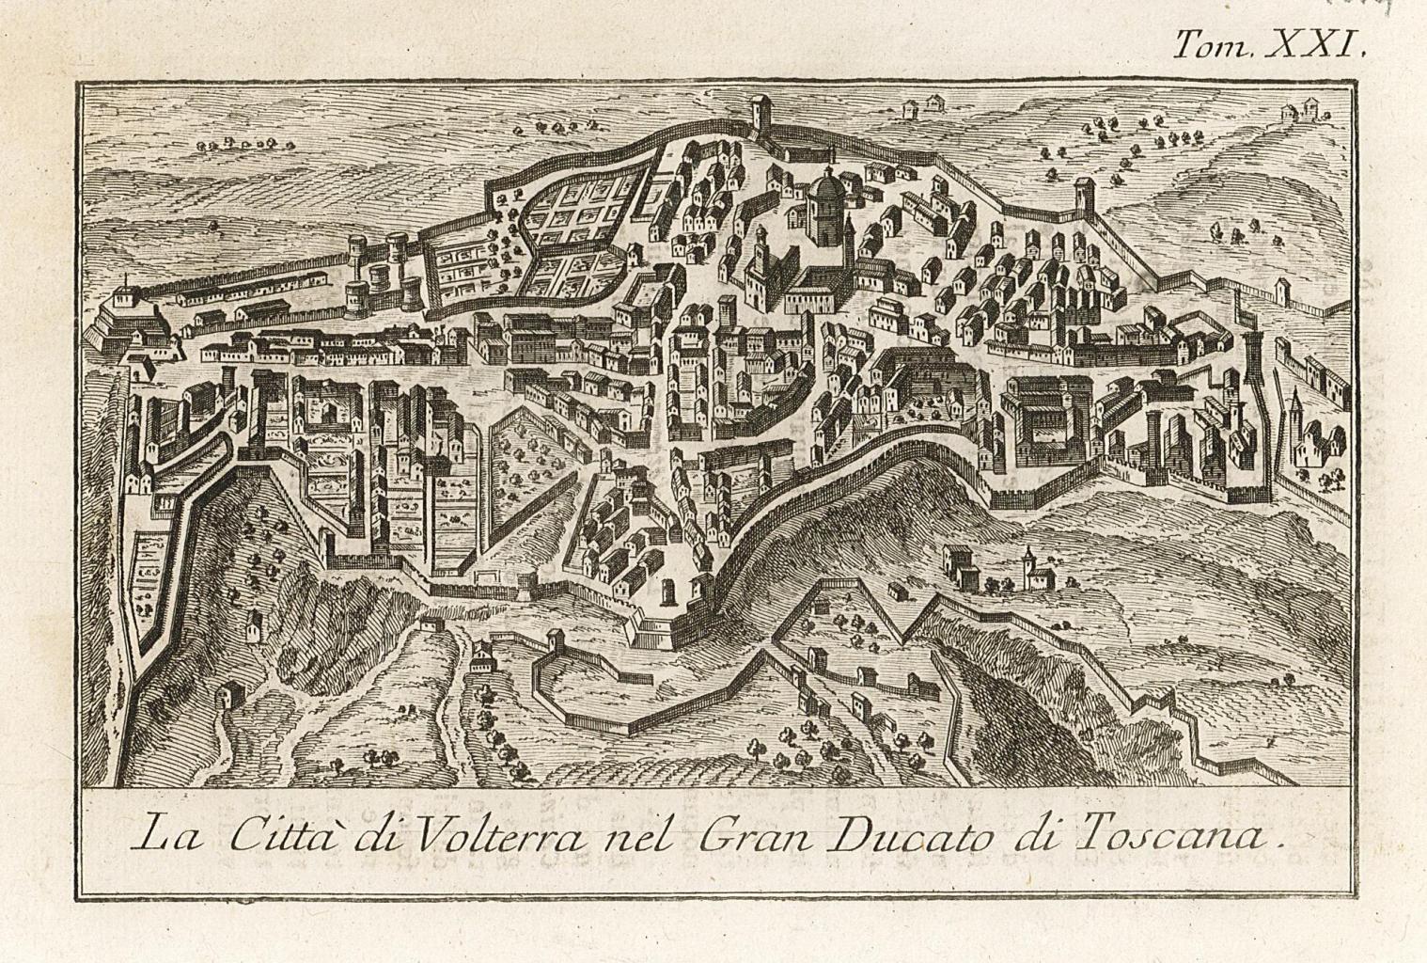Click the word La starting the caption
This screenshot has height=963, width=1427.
click(166, 833)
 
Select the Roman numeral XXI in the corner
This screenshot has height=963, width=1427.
click(1316, 44)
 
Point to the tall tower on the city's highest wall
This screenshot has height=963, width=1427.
click(760, 118)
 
